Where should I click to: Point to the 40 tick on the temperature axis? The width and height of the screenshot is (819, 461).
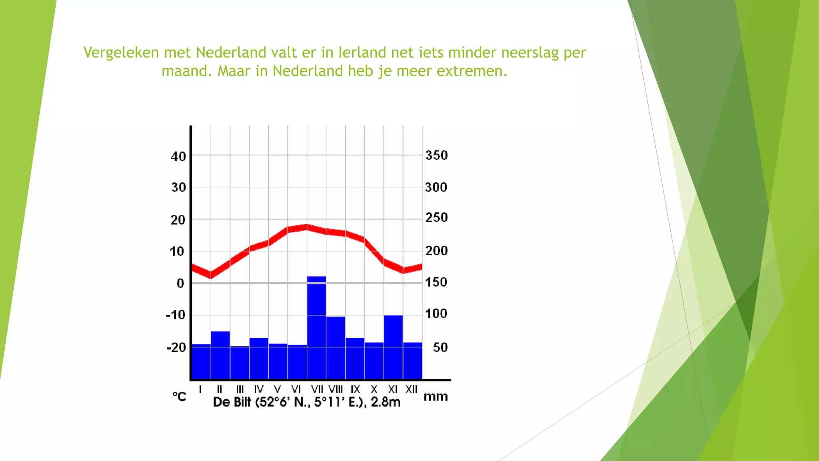coord(178,156)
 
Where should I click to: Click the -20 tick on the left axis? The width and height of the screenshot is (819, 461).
coord(176,347)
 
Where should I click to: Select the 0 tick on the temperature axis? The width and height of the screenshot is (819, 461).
coord(180,283)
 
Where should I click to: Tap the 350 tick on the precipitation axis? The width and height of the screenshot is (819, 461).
coord(436,155)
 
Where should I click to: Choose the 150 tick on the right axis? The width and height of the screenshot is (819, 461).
coord(436,282)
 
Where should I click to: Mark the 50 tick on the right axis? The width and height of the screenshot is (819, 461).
coord(440,347)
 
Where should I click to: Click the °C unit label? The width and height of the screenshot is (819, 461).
coord(180,397)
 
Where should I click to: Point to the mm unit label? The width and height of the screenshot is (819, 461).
coord(435,397)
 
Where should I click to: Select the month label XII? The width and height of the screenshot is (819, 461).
coord(411,389)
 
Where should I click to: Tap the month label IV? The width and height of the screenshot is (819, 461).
coord(259,389)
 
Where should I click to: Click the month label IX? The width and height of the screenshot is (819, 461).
coord(355,389)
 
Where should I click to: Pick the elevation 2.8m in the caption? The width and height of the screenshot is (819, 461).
coord(385,402)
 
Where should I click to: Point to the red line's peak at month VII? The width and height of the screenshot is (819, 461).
coord(307,227)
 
